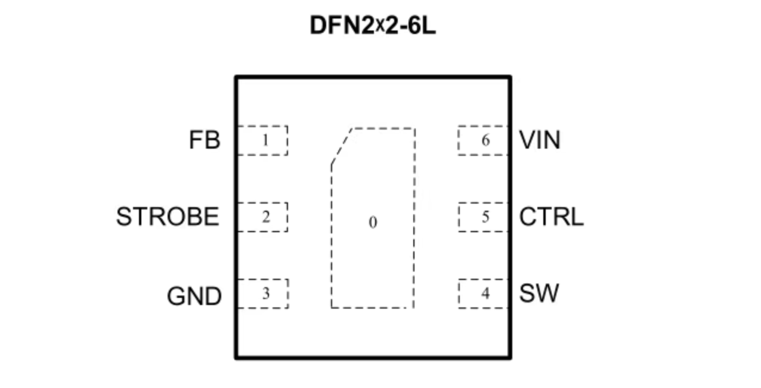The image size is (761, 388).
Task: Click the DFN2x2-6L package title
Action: (x=373, y=26)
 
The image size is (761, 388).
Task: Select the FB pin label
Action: (x=205, y=140)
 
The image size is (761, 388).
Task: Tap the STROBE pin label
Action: (x=168, y=216)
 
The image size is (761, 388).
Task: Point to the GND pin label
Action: (x=194, y=296)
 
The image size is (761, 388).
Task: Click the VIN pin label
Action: (x=540, y=140)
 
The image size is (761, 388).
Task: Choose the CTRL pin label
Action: (x=552, y=216)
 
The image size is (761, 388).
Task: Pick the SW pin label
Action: (x=539, y=292)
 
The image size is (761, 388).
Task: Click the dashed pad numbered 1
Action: (x=262, y=140)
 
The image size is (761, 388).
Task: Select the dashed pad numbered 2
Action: (x=262, y=217)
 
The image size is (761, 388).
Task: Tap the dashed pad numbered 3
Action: (x=263, y=294)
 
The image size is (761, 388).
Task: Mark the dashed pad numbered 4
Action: (x=483, y=294)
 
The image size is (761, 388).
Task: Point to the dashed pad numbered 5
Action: (x=483, y=217)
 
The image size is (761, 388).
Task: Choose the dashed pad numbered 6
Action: (x=483, y=140)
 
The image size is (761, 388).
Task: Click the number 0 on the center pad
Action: (x=373, y=223)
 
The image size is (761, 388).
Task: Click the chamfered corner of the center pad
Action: (x=342, y=147)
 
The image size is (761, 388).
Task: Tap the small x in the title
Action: (x=380, y=26)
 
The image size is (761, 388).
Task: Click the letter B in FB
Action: (x=213, y=140)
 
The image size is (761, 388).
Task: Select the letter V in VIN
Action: (x=528, y=140)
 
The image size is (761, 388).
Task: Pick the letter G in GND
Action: (x=176, y=296)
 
